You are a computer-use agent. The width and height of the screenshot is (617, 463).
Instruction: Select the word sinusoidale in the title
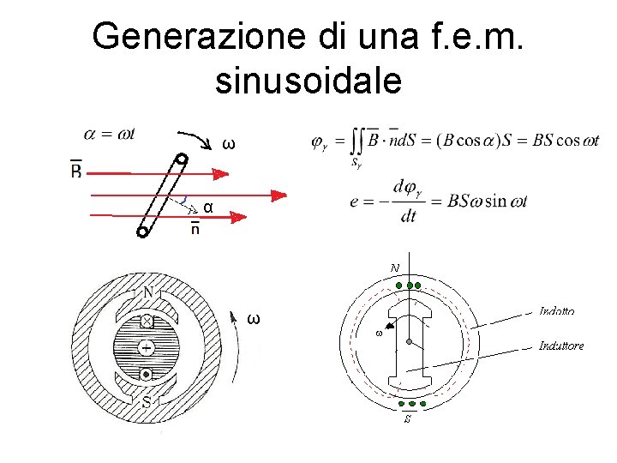[x=308, y=81]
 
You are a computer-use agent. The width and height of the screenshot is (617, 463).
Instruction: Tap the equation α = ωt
[x=110, y=134]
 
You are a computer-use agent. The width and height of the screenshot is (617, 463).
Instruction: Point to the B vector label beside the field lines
[x=76, y=171]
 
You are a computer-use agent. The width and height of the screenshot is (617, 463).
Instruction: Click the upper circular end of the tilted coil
[x=182, y=159]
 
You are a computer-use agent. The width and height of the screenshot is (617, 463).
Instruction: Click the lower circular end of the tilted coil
[x=142, y=231]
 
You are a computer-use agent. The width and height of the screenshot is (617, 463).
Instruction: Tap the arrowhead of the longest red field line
[x=278, y=195]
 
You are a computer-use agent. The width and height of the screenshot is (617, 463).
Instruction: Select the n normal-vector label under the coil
[x=196, y=229]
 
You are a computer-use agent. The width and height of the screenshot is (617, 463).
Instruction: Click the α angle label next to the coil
[x=208, y=207]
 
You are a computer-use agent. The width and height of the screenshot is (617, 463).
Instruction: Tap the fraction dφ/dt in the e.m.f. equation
[x=409, y=201]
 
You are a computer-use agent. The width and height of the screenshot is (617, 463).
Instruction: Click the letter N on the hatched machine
[x=148, y=293]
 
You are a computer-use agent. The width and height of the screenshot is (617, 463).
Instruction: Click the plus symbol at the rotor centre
[x=147, y=347]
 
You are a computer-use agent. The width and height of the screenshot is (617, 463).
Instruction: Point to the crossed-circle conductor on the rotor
[x=147, y=322]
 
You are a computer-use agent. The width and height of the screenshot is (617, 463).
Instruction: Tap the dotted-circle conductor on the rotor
[x=147, y=375]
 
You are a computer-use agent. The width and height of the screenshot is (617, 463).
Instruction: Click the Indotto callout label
[x=557, y=311]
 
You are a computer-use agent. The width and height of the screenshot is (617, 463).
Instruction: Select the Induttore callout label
[x=561, y=346]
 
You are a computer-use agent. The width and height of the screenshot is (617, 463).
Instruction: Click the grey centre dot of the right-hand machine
[x=410, y=342]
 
